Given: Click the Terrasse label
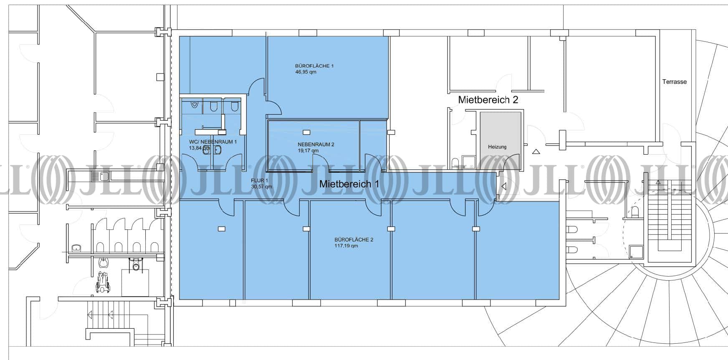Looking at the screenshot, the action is click(674, 82).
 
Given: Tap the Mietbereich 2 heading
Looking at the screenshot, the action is click(488, 100).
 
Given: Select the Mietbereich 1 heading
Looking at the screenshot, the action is click(349, 184).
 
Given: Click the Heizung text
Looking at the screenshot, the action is click(497, 147).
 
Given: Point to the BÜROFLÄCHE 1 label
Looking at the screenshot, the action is click(314, 66).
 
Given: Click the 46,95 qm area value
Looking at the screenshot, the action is click(306, 72).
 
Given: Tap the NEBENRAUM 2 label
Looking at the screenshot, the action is click(316, 144).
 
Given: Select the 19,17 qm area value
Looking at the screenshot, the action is click(308, 151).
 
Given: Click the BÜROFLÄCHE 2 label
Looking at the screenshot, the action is click(354, 240).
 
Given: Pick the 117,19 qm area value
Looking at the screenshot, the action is click(346, 246).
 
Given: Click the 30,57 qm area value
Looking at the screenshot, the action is click(261, 187).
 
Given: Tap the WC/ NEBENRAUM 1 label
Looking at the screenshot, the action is click(213, 142).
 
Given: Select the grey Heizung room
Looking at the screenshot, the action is click(500, 141).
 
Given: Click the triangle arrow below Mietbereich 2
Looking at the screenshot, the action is click(536, 152).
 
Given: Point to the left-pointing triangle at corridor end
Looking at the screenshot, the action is click(503, 186).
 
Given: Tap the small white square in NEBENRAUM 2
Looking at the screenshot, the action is click(307, 133).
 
